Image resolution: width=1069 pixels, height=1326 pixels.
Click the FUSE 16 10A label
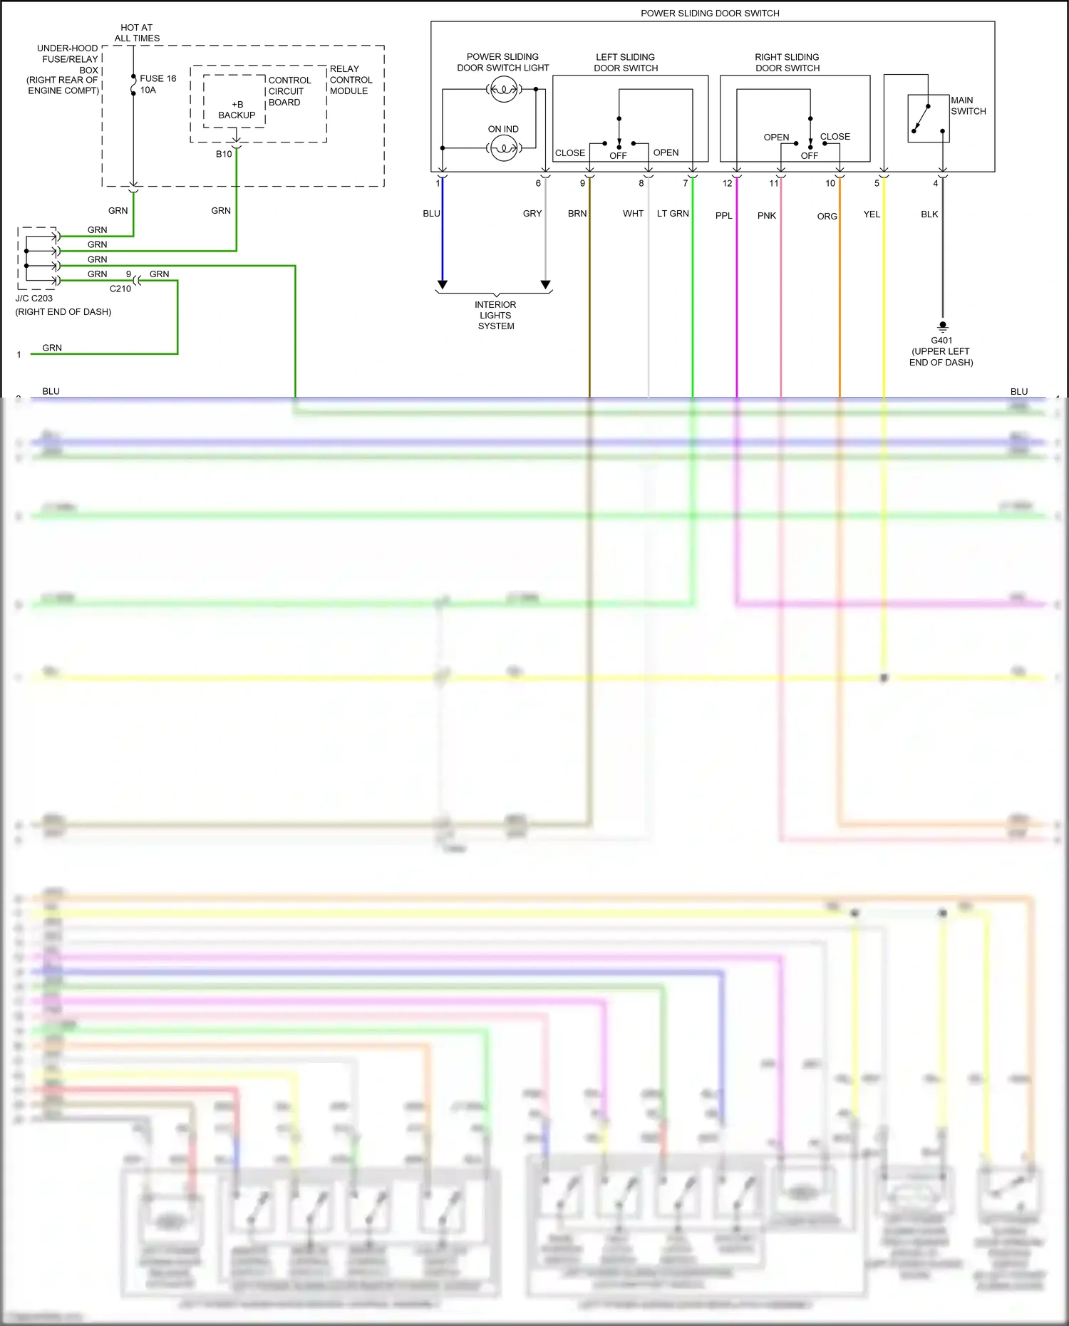(157, 84)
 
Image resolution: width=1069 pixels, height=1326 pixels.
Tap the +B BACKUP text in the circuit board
(237, 110)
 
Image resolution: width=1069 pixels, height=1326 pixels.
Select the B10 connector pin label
(224, 154)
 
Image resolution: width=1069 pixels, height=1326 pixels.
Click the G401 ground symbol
(943, 327)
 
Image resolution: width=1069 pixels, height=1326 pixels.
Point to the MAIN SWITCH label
(968, 105)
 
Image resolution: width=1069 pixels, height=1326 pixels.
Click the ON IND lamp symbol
(504, 148)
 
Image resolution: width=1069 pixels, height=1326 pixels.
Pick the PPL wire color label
(723, 215)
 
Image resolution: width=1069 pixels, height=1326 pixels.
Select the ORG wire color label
(827, 216)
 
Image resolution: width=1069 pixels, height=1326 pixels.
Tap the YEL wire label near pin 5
(872, 214)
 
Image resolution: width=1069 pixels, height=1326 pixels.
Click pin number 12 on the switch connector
(727, 183)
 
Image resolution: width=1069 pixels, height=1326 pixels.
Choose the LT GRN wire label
(673, 213)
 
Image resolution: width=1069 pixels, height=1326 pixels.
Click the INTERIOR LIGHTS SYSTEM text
(496, 315)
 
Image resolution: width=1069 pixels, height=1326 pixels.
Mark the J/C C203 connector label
(34, 299)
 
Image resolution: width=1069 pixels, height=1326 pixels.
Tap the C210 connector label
(120, 289)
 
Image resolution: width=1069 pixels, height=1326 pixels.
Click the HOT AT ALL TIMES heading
(137, 33)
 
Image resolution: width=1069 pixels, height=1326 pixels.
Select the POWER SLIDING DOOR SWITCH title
(710, 13)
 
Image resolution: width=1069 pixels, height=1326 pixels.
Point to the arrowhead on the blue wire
(443, 284)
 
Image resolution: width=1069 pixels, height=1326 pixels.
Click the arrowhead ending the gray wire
(546, 284)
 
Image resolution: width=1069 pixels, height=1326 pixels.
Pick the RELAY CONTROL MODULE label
(350, 80)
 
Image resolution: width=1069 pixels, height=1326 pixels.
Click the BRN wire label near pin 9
(577, 213)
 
